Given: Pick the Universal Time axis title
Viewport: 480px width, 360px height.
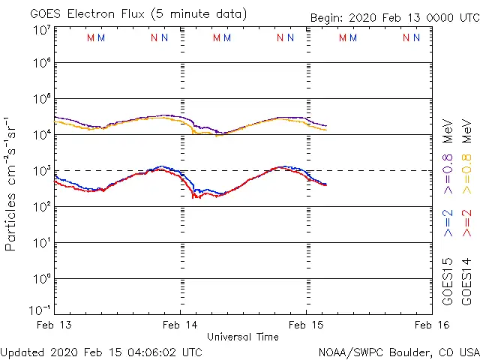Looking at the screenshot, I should [242, 337].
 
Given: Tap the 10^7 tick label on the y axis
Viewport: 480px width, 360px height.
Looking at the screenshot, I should [42, 31].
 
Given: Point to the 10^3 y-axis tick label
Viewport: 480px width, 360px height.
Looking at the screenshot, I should [42, 171].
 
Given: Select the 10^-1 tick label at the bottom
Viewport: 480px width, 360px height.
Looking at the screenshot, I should [40, 309].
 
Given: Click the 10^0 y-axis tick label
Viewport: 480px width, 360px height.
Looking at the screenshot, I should [42, 279].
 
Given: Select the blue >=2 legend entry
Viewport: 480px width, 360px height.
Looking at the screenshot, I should [448, 222].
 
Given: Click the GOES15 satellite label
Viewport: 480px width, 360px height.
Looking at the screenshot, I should [448, 281].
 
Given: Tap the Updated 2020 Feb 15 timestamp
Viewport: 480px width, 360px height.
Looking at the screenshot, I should [101, 351].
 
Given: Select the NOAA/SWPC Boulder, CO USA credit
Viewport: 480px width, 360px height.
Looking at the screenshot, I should [398, 351].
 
